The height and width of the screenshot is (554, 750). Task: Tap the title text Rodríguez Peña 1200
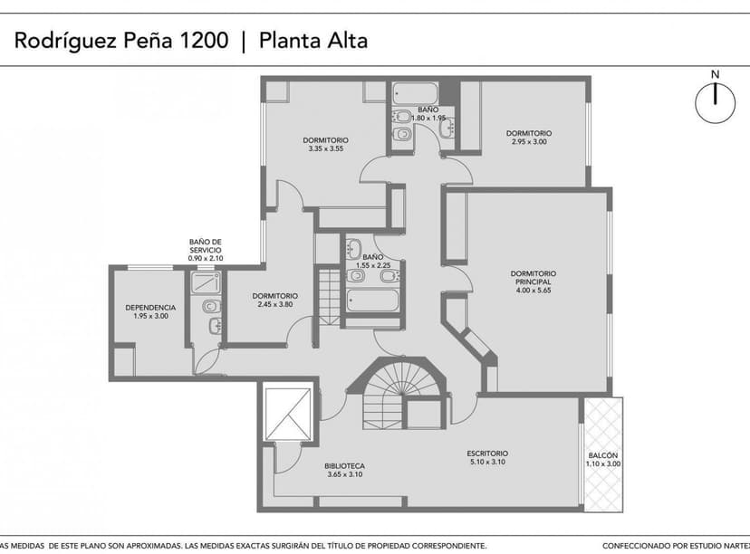tap(120, 41)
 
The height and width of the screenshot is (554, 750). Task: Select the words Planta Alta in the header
tap(313, 41)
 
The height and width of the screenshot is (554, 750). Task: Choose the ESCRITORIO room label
tap(487, 454)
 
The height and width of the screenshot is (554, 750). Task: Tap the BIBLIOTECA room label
tap(344, 466)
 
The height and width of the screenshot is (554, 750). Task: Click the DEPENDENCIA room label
tap(150, 307)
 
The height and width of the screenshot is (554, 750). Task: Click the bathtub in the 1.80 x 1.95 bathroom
tap(415, 92)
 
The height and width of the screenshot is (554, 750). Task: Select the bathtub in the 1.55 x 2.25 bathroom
tap(372, 300)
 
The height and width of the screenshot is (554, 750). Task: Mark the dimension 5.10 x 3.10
tap(487, 463)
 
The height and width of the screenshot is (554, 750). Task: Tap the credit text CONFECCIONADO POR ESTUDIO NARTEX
tap(675, 546)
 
